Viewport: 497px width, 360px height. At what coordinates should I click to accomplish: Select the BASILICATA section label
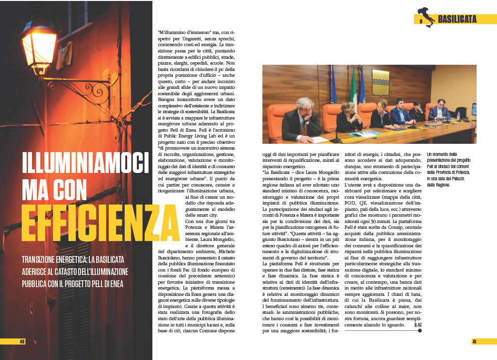pyautogui.click(x=457, y=19)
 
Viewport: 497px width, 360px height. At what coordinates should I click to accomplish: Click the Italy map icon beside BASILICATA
pyautogui.click(x=427, y=17)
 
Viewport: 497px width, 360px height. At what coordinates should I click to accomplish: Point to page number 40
pyautogui.click(x=22, y=341)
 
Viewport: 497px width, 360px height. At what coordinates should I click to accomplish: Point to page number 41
pyautogui.click(x=474, y=341)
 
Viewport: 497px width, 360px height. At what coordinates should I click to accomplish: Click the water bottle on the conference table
pyautogui.click(x=458, y=116)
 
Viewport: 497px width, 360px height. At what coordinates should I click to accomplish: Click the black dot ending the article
pyautogui.click(x=420, y=330)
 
